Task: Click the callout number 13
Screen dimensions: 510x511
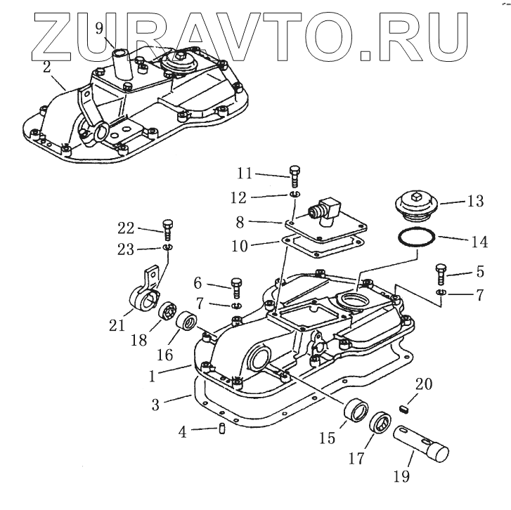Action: pyautogui.click(x=476, y=202)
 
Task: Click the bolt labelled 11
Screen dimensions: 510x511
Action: pyautogui.click(x=294, y=174)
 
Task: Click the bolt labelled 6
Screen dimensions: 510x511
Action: pyautogui.click(x=236, y=285)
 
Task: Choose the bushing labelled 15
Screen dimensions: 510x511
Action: pyautogui.click(x=354, y=412)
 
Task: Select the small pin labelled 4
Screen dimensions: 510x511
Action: pyautogui.click(x=221, y=429)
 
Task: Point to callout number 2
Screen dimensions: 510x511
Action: pyautogui.click(x=46, y=67)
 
